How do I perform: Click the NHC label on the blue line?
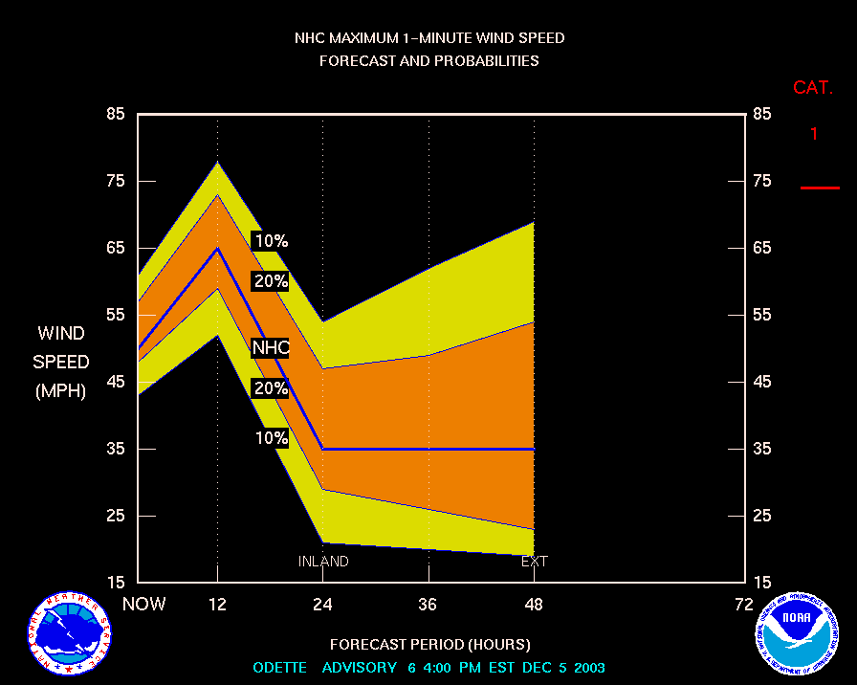point(270,348)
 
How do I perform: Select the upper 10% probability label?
point(270,241)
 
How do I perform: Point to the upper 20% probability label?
point(270,281)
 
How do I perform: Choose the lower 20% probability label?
point(270,388)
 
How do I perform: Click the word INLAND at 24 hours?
point(323,562)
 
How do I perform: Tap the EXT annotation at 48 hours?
point(534,562)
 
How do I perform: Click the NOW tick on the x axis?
point(144,604)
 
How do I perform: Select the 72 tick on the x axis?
point(743,604)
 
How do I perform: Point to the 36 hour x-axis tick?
point(428,604)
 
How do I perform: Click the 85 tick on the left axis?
point(116,114)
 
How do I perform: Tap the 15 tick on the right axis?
point(762,582)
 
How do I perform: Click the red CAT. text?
point(813,88)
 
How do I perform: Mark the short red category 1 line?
point(820,188)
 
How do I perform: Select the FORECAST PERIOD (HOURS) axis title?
point(429,644)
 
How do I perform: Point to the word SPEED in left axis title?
point(61,363)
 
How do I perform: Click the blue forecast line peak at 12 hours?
point(218,248)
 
